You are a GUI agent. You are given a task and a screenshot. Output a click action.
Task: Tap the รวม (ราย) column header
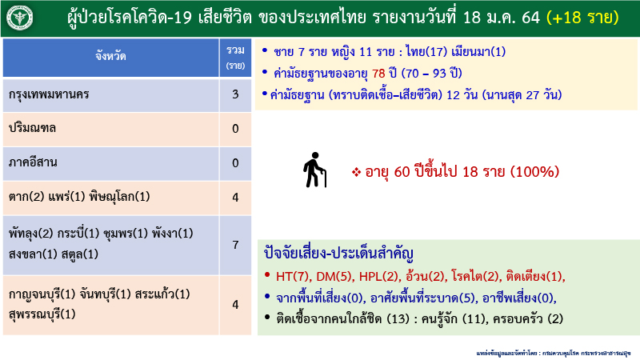[235, 56]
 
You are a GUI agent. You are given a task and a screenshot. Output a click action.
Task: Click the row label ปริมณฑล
[33, 129]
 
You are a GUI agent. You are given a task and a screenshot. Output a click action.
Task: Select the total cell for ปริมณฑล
[235, 129]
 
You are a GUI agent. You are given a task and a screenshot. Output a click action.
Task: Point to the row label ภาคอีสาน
[34, 163]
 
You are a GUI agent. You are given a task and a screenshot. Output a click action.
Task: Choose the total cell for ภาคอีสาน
[235, 163]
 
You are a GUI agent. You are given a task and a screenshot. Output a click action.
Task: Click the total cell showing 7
[235, 244]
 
